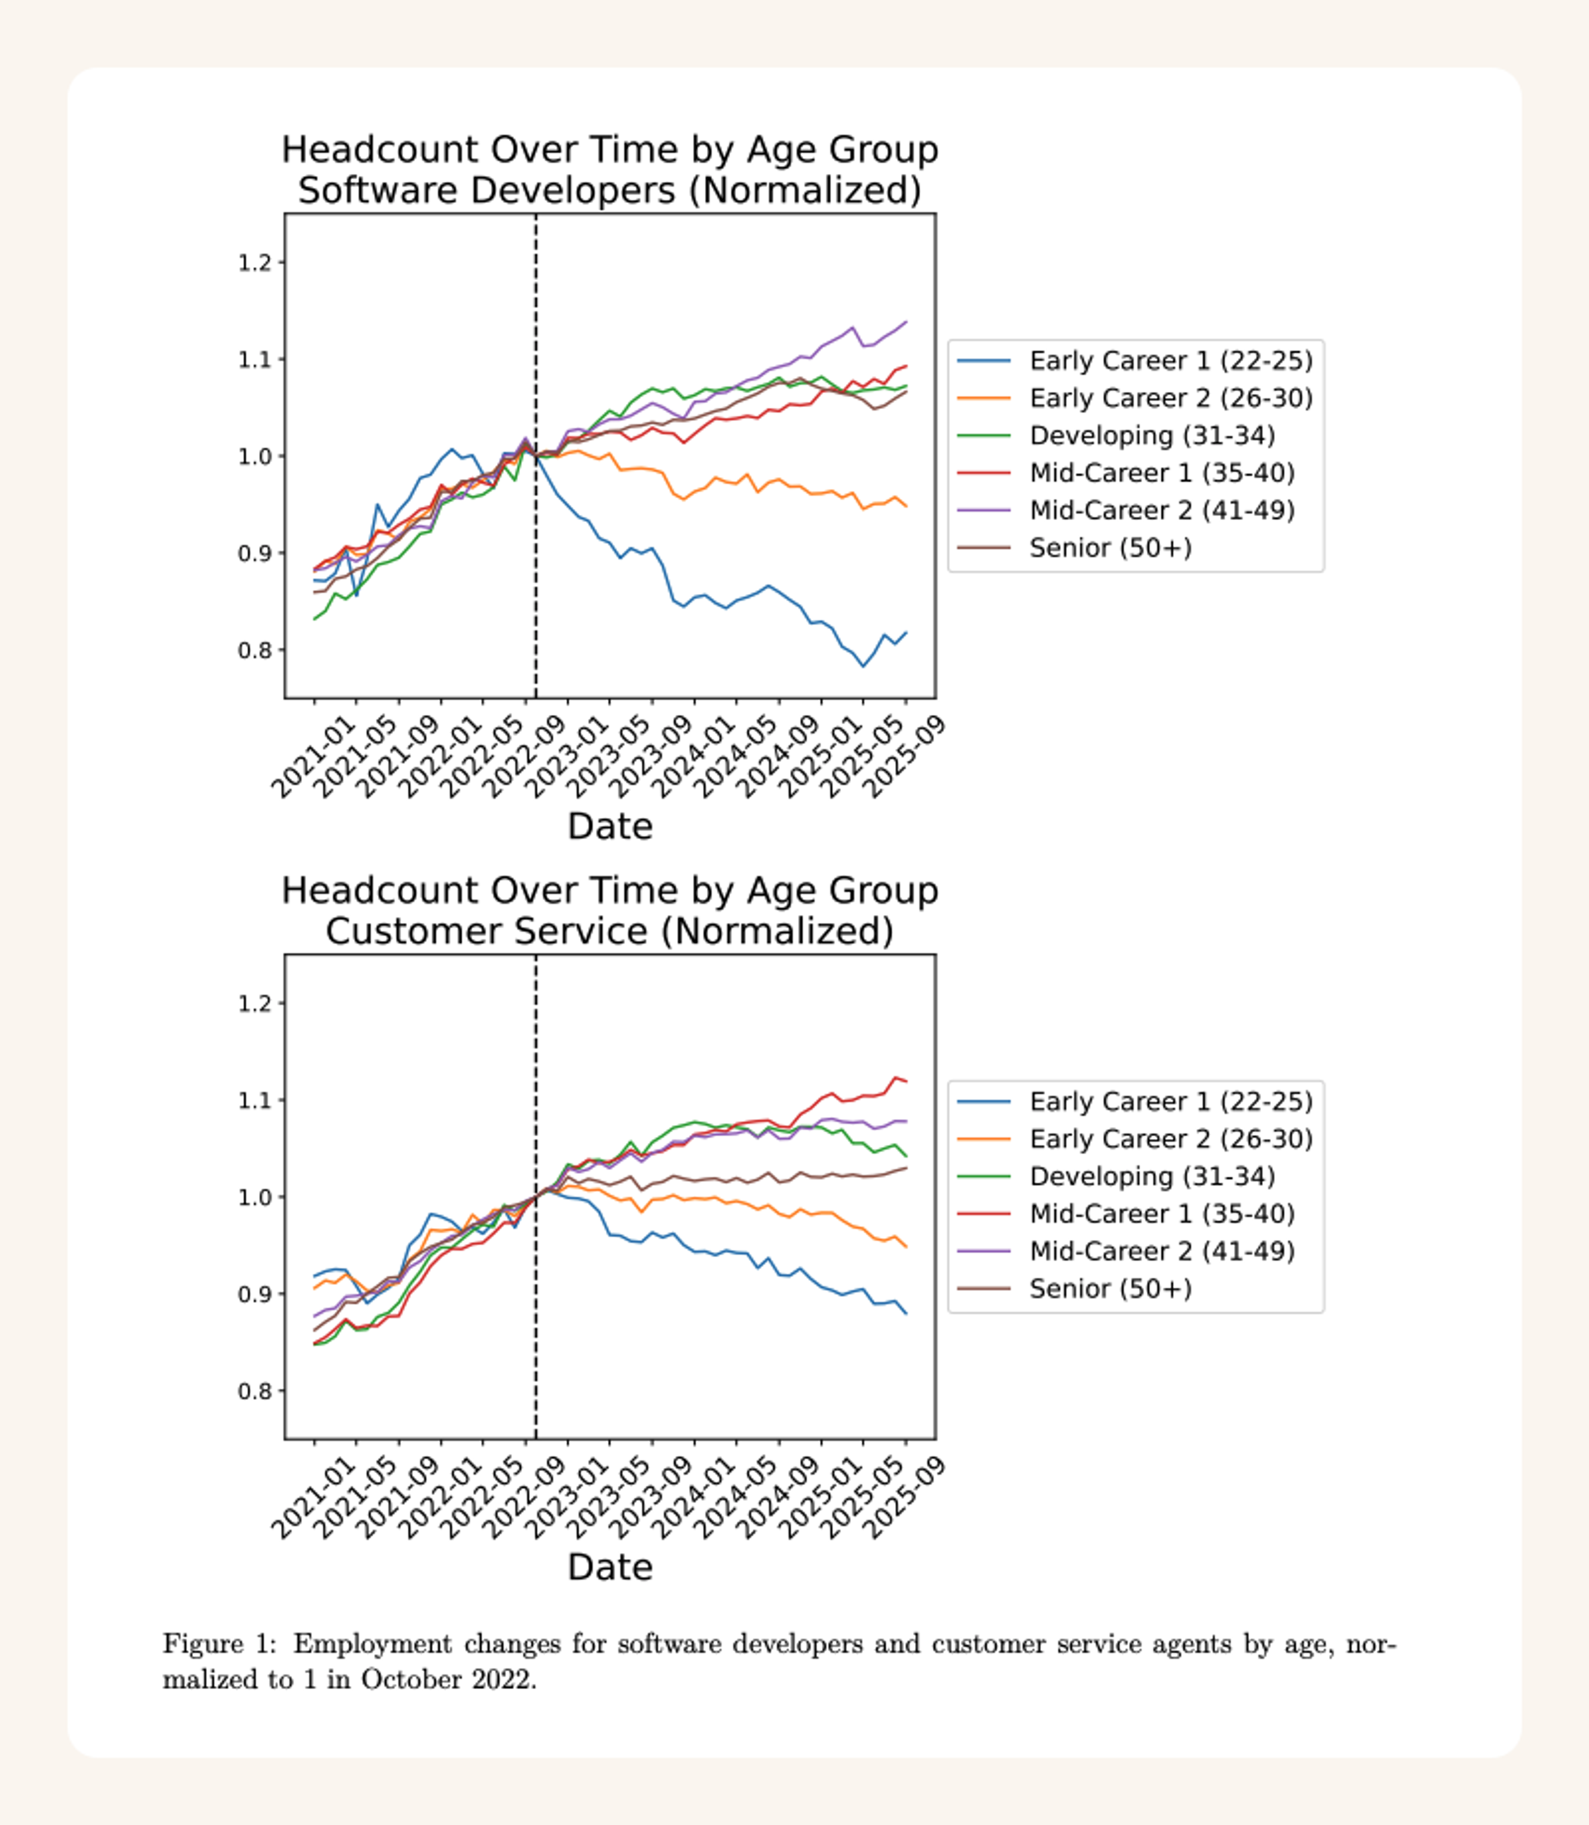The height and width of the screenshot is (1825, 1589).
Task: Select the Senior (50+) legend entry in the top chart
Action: coord(1110,548)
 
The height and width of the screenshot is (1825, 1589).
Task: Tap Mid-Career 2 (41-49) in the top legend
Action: coord(1162,511)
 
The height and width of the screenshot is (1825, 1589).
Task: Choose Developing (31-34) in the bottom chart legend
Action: coord(1152,1177)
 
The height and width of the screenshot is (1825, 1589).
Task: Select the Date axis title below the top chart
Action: coord(610,826)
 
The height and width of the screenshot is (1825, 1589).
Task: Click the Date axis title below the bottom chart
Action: coord(610,1568)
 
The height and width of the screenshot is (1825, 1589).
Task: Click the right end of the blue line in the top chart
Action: coord(905,632)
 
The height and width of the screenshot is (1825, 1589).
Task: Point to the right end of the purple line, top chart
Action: coord(905,322)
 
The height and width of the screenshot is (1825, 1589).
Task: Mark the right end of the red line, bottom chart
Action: coord(905,1081)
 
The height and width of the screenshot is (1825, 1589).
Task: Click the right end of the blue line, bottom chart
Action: coord(905,1314)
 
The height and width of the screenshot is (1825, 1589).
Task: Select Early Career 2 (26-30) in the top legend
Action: coord(1171,398)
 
